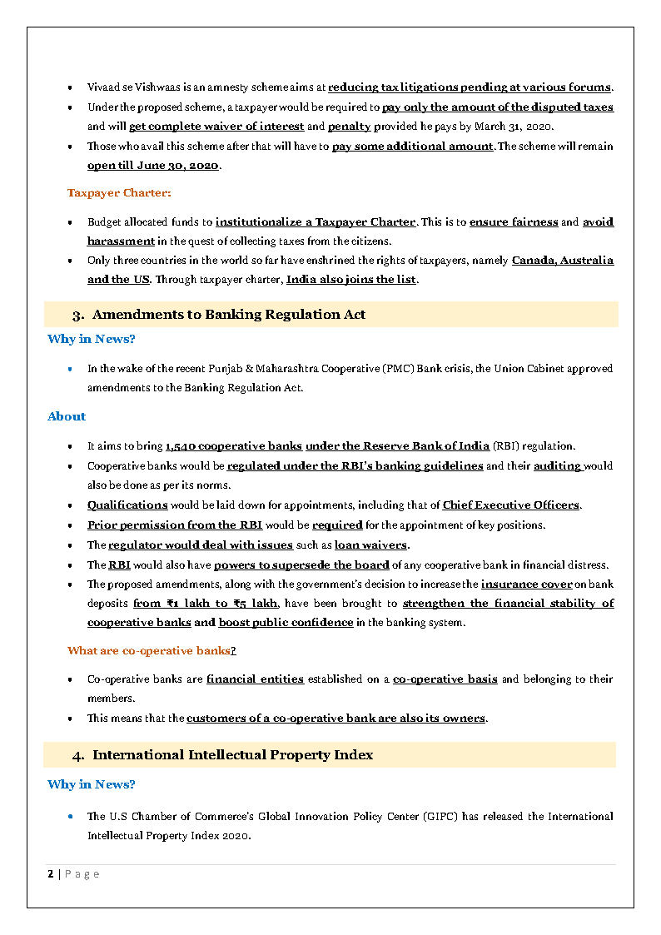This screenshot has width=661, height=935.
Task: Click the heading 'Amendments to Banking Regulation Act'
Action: click(x=229, y=315)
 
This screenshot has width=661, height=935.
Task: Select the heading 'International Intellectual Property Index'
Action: click(x=232, y=755)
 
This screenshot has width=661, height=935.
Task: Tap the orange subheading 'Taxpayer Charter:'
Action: click(x=119, y=193)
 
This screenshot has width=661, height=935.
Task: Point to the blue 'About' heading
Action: click(x=67, y=416)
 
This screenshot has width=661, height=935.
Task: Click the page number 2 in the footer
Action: click(x=51, y=874)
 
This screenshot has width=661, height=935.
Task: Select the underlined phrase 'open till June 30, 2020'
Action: click(x=153, y=166)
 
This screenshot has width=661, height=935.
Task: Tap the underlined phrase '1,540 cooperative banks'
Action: click(x=234, y=446)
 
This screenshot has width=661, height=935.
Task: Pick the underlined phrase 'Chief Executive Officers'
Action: click(x=511, y=505)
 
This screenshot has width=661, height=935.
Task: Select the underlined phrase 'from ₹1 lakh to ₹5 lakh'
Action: click(x=206, y=604)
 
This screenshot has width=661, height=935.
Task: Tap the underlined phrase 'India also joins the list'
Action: click(x=350, y=280)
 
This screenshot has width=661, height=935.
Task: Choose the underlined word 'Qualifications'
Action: click(x=127, y=505)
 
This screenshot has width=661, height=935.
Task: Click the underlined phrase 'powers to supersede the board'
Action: click(x=301, y=565)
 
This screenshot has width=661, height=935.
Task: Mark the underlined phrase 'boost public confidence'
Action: click(x=286, y=623)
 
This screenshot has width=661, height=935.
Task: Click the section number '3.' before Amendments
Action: click(x=78, y=315)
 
